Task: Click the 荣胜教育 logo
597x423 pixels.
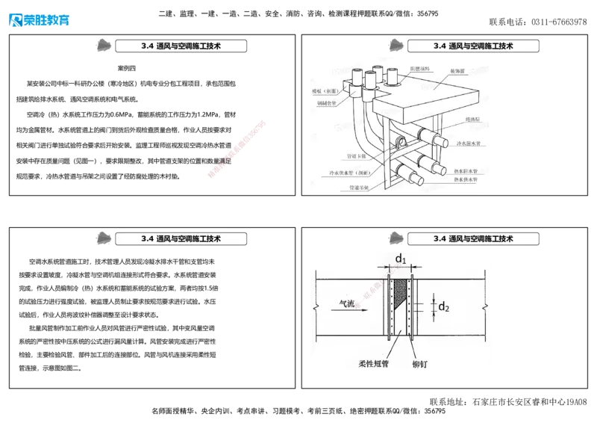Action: [x=39, y=18]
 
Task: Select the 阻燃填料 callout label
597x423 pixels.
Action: [x=419, y=68]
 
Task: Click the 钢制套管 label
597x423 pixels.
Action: [x=328, y=104]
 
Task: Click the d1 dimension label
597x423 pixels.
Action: [x=401, y=259]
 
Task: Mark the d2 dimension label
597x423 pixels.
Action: [x=443, y=306]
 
